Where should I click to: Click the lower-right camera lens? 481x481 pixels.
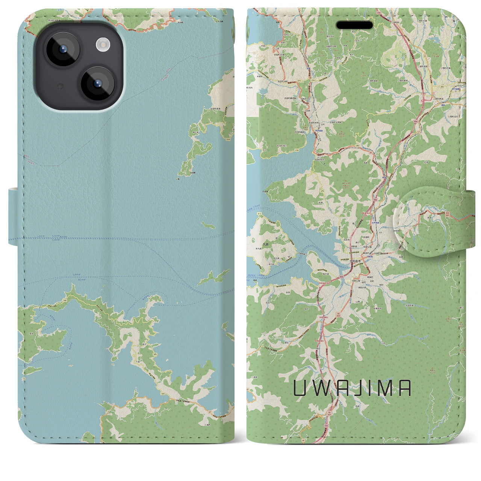pyautogui.click(x=98, y=83)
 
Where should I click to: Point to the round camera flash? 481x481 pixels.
pyautogui.click(x=102, y=45)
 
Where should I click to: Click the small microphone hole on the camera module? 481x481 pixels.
pyautogui.click(x=60, y=87)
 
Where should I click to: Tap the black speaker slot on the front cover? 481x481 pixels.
pyautogui.click(x=354, y=25)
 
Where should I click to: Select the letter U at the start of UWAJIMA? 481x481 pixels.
pyautogui.click(x=299, y=389)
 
